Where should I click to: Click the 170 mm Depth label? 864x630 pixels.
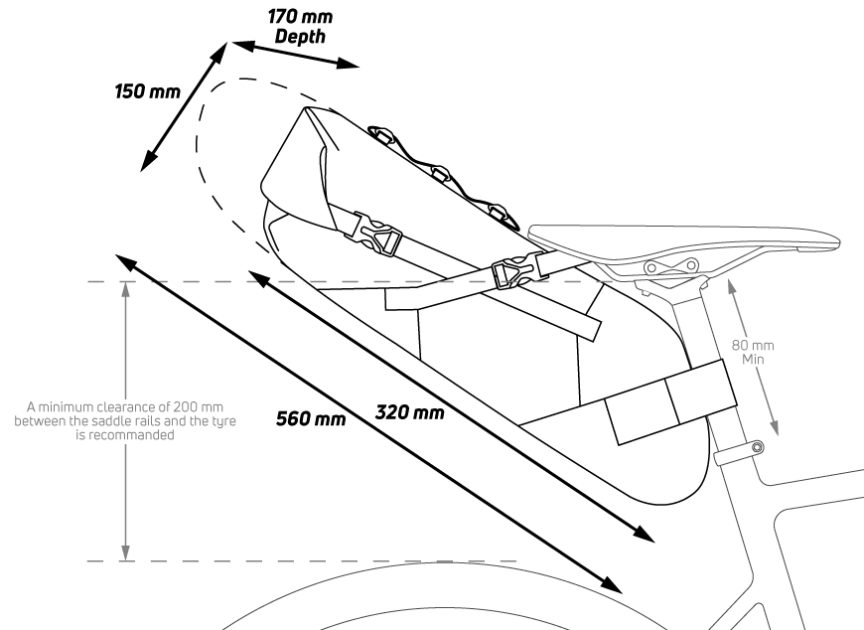[x=300, y=27]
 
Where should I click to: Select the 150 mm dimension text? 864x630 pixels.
[x=147, y=92]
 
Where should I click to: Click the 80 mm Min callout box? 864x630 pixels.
[x=753, y=352]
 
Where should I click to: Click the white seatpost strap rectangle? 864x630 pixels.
[x=669, y=402]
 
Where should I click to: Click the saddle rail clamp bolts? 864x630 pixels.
[x=673, y=268]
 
